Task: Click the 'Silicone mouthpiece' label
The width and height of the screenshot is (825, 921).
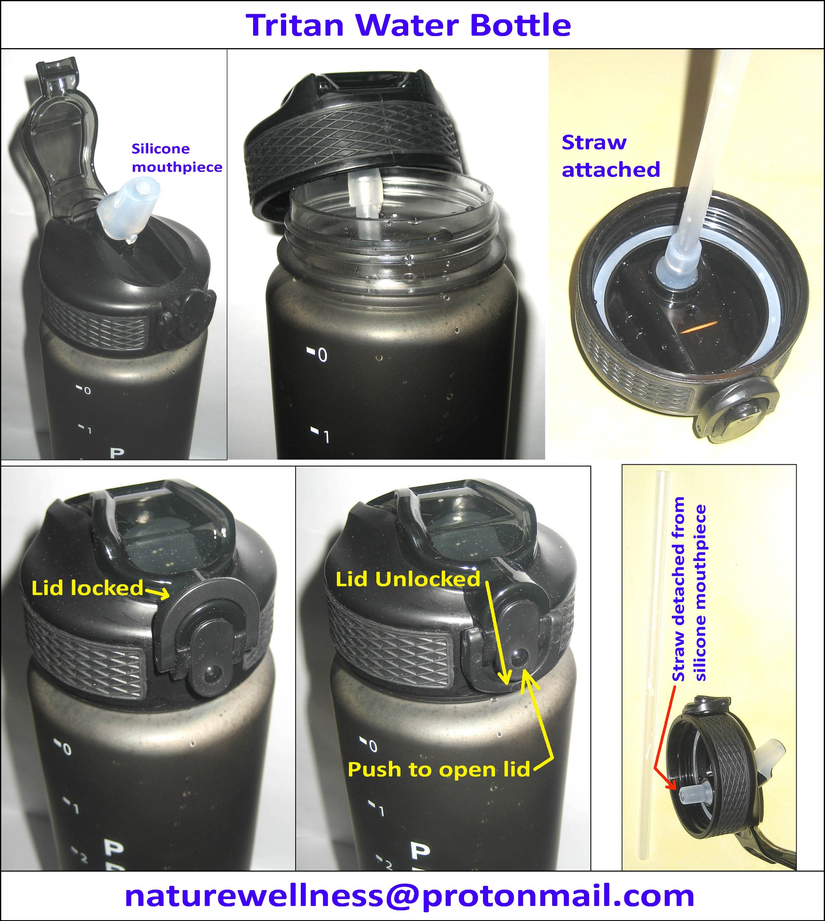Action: (177, 158)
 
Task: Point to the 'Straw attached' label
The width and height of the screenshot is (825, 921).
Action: (611, 156)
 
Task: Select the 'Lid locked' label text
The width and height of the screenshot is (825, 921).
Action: (87, 589)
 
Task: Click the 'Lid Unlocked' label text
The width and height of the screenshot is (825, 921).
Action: (407, 579)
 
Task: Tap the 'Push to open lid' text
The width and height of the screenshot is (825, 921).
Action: (439, 769)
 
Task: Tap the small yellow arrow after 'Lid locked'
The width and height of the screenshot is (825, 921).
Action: (157, 592)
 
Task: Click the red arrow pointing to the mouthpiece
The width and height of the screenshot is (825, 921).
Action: (664, 738)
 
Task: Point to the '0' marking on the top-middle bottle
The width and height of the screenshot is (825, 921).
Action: (322, 355)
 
